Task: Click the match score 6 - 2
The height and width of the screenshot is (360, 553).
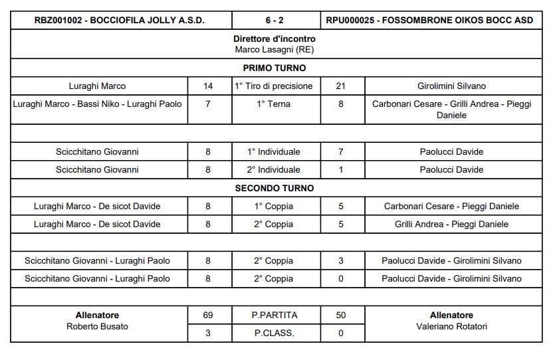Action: (x=276, y=21)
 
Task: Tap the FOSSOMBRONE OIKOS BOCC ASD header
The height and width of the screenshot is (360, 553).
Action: (x=430, y=21)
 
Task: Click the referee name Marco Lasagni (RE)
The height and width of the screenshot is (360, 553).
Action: (x=275, y=49)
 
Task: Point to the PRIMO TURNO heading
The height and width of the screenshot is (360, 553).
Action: (x=275, y=68)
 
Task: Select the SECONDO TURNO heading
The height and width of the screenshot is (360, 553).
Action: (x=275, y=188)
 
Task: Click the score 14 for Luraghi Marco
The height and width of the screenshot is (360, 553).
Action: (x=208, y=86)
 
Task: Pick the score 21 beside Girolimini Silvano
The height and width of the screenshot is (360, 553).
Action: (x=341, y=86)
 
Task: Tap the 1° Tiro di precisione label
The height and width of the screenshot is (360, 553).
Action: (x=275, y=86)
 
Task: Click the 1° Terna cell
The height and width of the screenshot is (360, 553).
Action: (x=275, y=104)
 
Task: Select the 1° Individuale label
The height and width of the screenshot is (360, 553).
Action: (x=275, y=151)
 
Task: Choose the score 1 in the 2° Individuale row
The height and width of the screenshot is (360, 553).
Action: (x=341, y=169)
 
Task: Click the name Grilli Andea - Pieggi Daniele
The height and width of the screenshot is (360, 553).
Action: (x=451, y=224)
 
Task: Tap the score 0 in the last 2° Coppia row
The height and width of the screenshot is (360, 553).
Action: (x=341, y=278)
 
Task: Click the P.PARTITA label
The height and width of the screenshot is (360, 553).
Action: (x=275, y=315)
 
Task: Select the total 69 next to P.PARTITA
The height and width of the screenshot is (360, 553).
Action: (x=208, y=315)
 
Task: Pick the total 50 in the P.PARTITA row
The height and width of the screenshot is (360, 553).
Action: (x=341, y=315)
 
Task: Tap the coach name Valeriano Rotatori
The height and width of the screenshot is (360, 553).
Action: (x=451, y=326)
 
